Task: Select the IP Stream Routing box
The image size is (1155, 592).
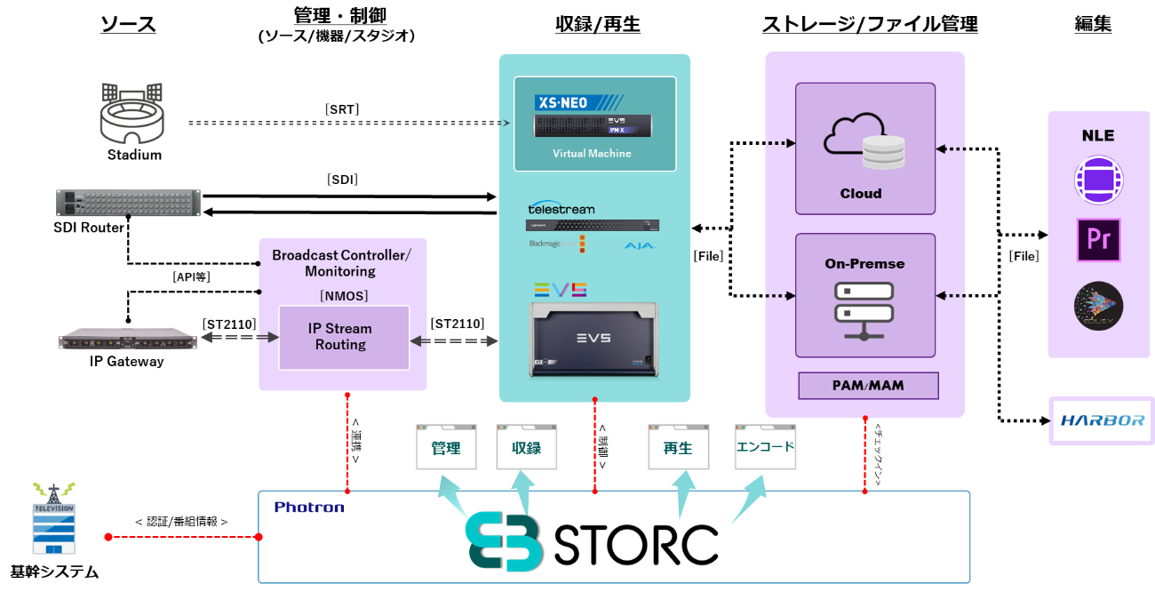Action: point(344,337)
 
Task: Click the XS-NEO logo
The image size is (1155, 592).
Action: point(564,103)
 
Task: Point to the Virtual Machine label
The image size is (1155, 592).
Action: point(592,154)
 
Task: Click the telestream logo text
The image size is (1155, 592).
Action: point(561,210)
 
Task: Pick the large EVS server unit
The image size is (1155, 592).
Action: point(593,338)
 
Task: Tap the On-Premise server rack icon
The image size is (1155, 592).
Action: point(864,310)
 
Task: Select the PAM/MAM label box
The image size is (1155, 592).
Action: point(868,386)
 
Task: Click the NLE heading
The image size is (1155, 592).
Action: point(1097,136)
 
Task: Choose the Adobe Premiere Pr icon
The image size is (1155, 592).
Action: point(1098,240)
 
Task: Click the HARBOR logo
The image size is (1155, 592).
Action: point(1103,420)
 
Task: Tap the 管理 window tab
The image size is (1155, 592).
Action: point(446,448)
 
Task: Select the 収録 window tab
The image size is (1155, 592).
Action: point(526,448)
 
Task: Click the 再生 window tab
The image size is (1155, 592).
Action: point(678,448)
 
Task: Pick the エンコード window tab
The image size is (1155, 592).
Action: point(765,447)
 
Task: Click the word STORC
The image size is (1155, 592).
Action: point(636,545)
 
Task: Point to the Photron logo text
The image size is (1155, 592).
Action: point(309,508)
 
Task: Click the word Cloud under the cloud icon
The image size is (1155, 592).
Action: point(861,193)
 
